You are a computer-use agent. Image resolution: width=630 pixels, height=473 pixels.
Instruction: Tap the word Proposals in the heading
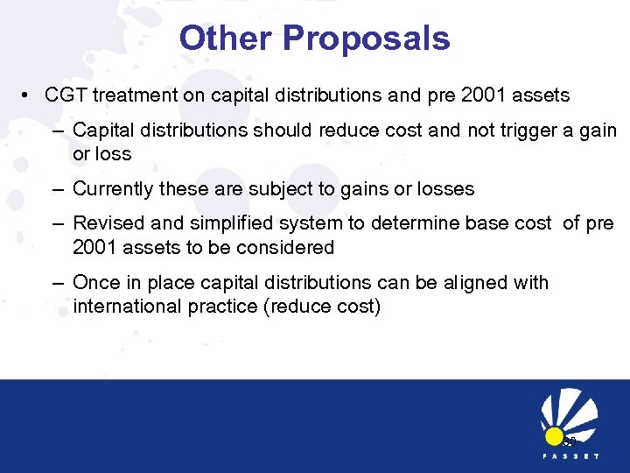click(367, 38)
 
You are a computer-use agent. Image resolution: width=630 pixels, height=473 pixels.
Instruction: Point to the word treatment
click(129, 95)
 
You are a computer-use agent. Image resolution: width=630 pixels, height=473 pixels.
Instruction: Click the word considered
click(290, 248)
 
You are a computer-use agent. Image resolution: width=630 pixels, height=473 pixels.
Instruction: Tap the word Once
click(95, 283)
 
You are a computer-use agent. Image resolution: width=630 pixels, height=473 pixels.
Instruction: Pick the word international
click(127, 307)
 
